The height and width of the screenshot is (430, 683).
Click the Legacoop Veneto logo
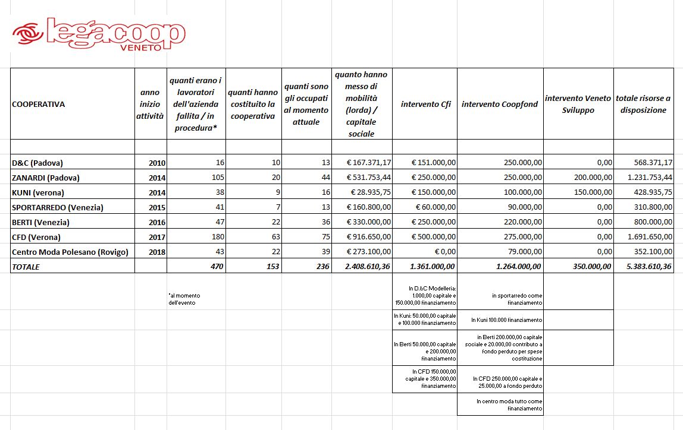(x=99, y=34)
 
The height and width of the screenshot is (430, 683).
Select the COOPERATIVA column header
(x=39, y=104)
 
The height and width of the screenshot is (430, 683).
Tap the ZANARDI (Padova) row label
(x=46, y=178)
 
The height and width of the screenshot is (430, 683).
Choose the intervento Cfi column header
(x=425, y=104)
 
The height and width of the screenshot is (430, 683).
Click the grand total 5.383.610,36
(x=646, y=267)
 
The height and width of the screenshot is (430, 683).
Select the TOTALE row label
(x=26, y=267)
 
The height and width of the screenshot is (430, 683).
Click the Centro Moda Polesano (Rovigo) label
(x=70, y=252)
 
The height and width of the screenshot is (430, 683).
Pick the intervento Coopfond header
(x=500, y=104)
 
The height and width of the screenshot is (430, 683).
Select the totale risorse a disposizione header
(x=643, y=104)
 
